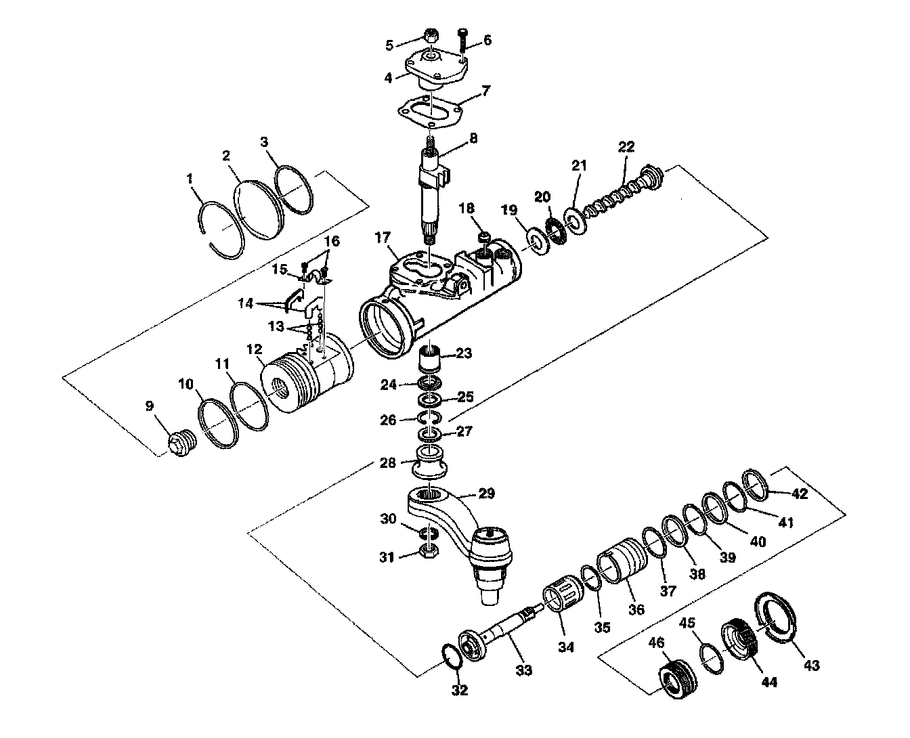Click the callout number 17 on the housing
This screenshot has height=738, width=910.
(382, 238)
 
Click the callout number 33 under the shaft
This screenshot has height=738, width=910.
(523, 670)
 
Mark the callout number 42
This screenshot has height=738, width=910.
(800, 494)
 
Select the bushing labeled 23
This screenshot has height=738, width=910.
(431, 357)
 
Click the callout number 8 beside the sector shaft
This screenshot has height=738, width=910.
(472, 137)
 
